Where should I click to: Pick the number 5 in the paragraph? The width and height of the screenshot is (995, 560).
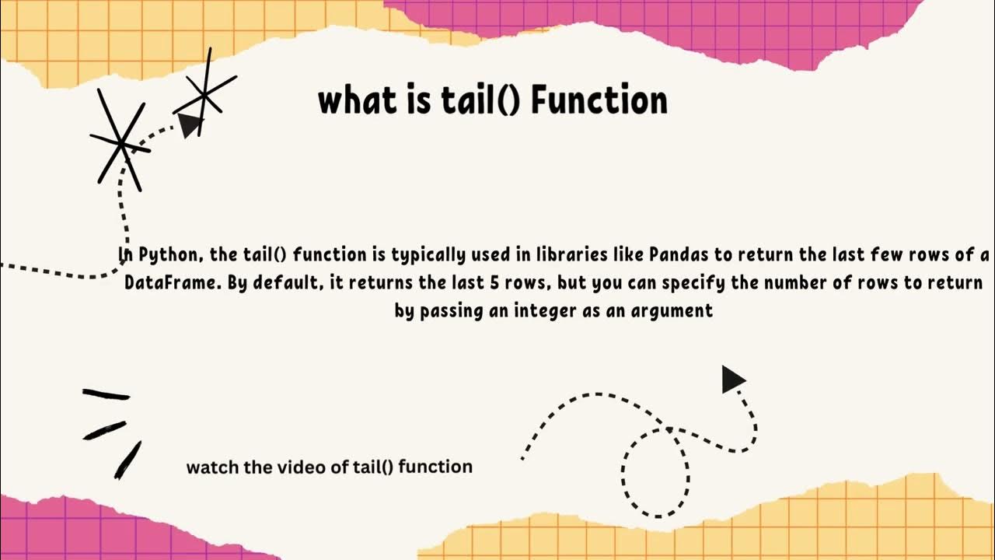click(494, 282)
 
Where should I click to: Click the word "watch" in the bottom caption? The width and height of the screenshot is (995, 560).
click(208, 467)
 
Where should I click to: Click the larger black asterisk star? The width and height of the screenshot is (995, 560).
click(120, 142)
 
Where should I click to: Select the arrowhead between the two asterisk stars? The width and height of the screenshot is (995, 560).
click(189, 124)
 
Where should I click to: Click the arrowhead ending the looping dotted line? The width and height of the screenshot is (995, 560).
click(732, 380)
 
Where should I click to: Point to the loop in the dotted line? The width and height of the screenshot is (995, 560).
click(655, 471)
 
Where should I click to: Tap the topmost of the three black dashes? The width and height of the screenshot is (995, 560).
click(106, 394)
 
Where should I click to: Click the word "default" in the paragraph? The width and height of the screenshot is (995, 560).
click(287, 282)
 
